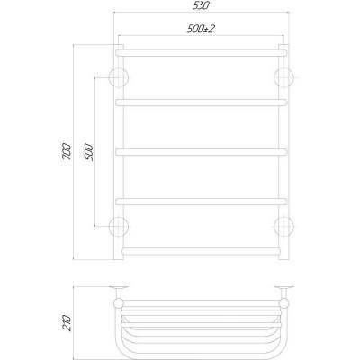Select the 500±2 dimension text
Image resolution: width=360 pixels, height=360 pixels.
200,30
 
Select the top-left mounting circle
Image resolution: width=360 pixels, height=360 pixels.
117,75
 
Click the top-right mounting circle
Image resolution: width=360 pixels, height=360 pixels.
284,75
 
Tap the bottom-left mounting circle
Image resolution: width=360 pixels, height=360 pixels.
117,224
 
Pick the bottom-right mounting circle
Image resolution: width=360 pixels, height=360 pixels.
284,224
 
